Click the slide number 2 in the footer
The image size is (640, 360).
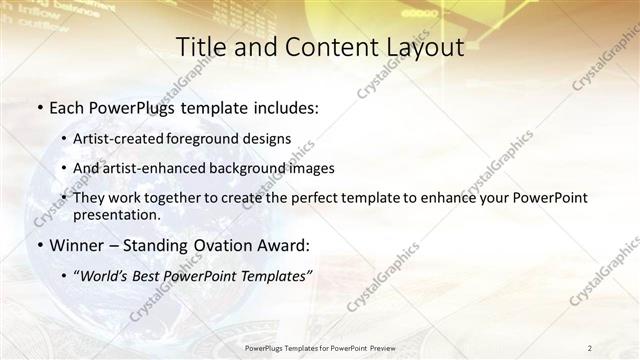tap(590, 347)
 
